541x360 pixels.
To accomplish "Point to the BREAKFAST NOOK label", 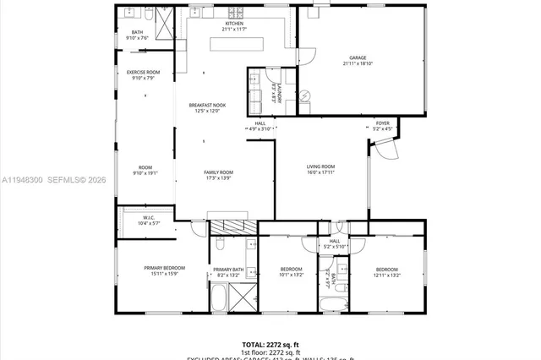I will click(207, 106).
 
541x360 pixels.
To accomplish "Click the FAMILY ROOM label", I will click(218, 172).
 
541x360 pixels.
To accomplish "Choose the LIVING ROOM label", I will click(320, 166).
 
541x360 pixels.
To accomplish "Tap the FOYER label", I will click(383, 123).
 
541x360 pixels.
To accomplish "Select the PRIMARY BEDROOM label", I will click(164, 268).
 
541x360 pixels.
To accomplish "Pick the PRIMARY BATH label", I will click(228, 269).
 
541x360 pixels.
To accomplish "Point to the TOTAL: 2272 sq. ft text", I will click(270, 344).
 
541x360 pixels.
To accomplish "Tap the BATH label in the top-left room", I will click(137, 33).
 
